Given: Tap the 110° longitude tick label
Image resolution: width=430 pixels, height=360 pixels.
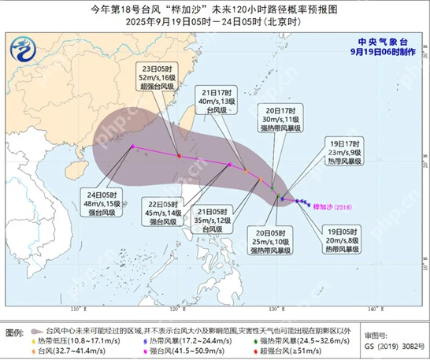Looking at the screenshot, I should click(76, 309).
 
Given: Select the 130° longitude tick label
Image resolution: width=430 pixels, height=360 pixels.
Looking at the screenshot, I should click(273, 309).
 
